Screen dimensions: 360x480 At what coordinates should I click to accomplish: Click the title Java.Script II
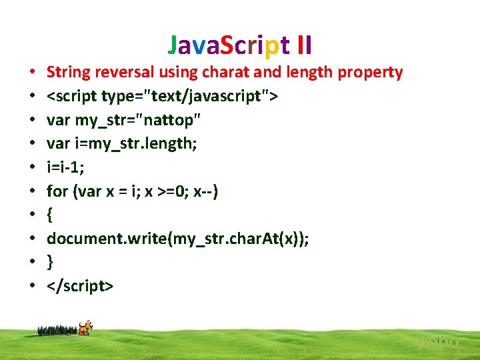[240, 45]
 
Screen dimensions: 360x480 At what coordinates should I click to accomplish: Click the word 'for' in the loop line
[57, 192]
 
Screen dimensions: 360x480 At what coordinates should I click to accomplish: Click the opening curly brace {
[50, 215]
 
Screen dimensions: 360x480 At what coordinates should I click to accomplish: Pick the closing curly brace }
[50, 263]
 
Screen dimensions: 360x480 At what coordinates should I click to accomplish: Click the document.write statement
[177, 239]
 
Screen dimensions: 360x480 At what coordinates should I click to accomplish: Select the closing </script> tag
[80, 287]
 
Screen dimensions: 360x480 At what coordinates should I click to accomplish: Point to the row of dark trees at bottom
[58, 329]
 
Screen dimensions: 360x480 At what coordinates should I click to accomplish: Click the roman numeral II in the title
[305, 45]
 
